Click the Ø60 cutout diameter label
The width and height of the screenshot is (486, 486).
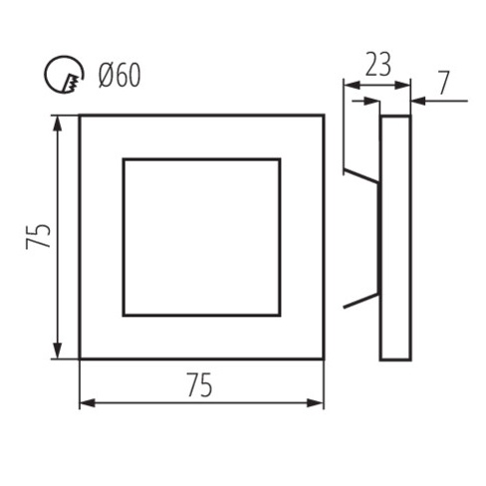click(x=120, y=76)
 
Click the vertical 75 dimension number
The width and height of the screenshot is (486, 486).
click(x=39, y=236)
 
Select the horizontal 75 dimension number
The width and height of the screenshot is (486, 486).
click(x=199, y=385)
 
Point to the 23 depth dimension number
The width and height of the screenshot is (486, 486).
click(x=378, y=65)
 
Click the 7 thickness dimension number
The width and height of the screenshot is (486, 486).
click(x=444, y=83)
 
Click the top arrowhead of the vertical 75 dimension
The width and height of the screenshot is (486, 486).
click(x=58, y=123)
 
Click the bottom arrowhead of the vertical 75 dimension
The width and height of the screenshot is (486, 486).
click(x=58, y=351)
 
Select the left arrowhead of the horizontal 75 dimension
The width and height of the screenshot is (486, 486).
click(x=88, y=403)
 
